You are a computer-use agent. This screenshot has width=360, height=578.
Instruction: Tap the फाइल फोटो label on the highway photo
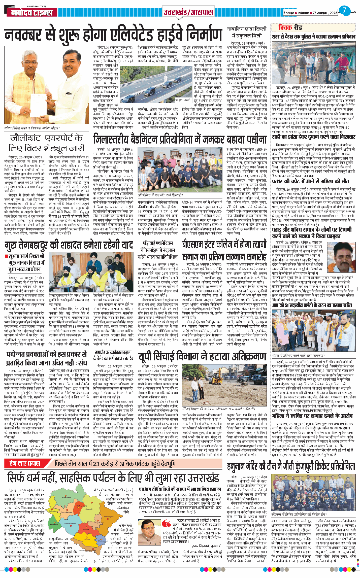click(x=182, y=99)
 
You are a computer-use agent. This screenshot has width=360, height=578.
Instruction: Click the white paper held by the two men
click(x=38, y=103)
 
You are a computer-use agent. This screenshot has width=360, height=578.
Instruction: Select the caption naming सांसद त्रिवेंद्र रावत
click(x=32, y=128)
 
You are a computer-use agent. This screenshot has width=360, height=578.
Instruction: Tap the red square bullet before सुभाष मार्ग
click(x=6, y=256)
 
